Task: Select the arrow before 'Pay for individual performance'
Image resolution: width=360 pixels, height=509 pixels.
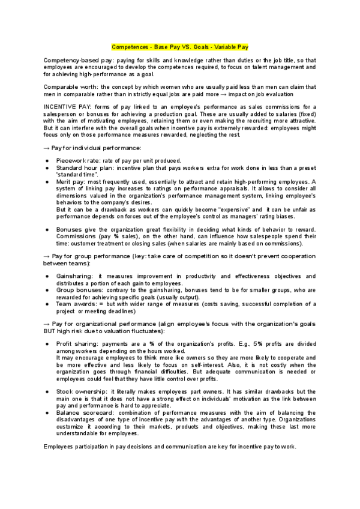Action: [47, 146]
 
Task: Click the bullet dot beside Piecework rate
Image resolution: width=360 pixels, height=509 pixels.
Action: [47, 160]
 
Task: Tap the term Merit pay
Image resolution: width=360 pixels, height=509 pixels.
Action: [71, 181]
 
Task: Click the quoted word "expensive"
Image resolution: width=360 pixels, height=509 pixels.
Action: [230, 209]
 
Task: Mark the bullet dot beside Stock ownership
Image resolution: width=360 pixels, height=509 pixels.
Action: [47, 391]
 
